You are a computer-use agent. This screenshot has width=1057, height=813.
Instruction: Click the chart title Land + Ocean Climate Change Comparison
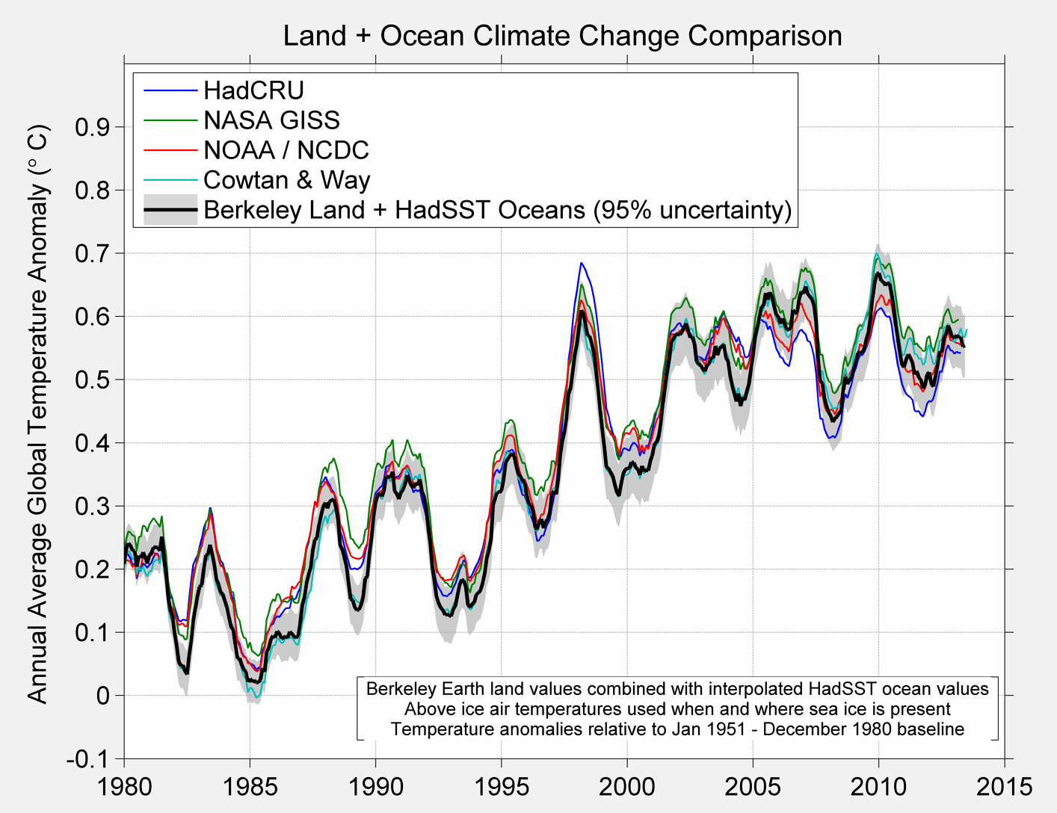click(562, 35)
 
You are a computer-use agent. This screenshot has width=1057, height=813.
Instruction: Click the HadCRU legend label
click(253, 90)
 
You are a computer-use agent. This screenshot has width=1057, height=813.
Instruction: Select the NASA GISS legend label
click(271, 120)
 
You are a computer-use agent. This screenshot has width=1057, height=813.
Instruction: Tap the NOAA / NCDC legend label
click(286, 150)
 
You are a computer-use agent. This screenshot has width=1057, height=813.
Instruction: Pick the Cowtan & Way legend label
click(286, 180)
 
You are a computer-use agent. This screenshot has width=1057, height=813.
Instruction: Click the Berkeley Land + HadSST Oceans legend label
click(497, 210)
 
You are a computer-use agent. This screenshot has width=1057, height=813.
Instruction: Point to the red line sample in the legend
click(170, 150)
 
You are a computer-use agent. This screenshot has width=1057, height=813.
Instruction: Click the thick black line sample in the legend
click(170, 210)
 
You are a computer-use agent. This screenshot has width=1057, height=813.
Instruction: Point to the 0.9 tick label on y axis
click(92, 127)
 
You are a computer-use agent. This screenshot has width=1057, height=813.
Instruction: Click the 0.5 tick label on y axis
click(92, 380)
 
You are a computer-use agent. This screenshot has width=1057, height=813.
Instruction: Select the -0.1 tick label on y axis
click(87, 759)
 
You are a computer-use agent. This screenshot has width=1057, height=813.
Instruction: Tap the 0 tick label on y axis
click(102, 696)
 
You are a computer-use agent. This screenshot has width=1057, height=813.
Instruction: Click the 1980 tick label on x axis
click(124, 786)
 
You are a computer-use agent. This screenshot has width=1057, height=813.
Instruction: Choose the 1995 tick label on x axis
click(502, 786)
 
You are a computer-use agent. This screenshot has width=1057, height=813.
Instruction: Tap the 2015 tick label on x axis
click(1004, 786)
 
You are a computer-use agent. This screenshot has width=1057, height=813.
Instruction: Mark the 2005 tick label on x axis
click(753, 786)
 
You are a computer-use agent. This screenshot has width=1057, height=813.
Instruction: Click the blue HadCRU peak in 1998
click(581, 263)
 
